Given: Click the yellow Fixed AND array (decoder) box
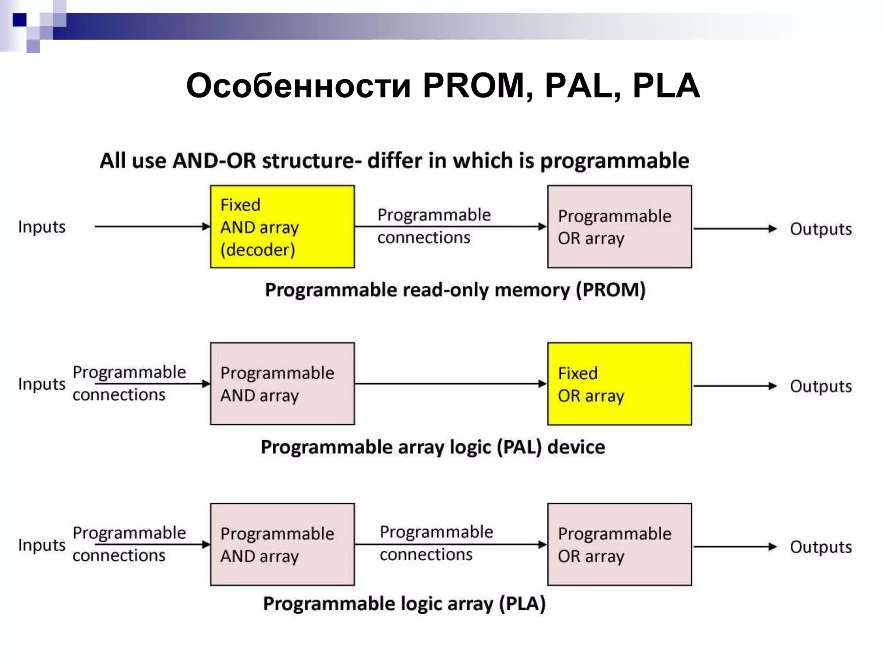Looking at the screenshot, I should click(x=282, y=227).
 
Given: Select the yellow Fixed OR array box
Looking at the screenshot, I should click(x=619, y=384).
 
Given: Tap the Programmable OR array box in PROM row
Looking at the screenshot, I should click(x=619, y=227).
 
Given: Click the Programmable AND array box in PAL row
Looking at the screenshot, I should click(x=282, y=384).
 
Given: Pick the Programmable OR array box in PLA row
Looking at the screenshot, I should click(x=619, y=544).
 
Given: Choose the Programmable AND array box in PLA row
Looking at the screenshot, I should click(x=282, y=544).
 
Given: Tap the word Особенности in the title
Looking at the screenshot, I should click(x=298, y=85).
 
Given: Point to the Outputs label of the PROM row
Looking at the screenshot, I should click(x=821, y=229).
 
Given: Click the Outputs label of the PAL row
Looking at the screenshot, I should click(x=821, y=386).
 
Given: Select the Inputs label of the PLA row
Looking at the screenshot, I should click(x=41, y=545).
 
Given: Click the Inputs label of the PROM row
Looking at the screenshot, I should click(x=41, y=227).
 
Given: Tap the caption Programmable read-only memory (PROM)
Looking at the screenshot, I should click(x=455, y=290).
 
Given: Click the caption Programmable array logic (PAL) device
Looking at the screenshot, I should click(x=433, y=447).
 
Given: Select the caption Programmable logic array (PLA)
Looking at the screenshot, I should click(x=404, y=603).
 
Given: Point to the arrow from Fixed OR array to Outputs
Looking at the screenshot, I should click(x=734, y=386).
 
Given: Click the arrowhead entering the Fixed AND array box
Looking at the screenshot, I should click(x=206, y=227).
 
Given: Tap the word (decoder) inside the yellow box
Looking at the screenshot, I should click(x=258, y=249).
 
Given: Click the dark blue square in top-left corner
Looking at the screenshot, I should click(x=19, y=20).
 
